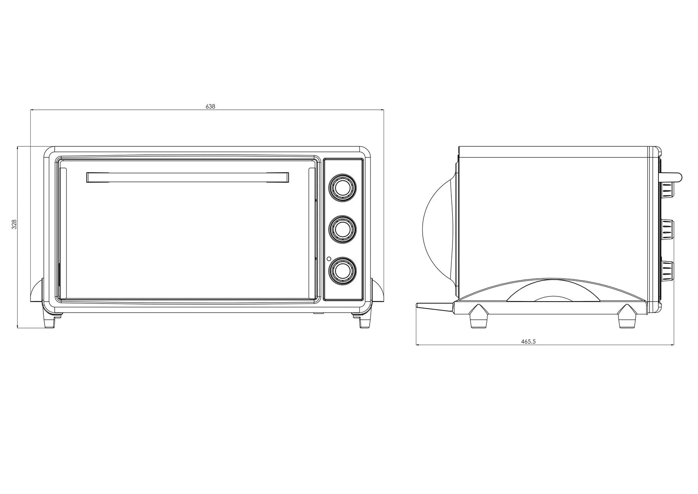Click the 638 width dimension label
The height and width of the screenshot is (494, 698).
coord(210,106)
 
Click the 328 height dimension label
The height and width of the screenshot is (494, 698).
coord(14,224)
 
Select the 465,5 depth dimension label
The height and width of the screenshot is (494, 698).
coord(528,341)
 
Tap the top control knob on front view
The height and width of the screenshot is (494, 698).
coord(342,187)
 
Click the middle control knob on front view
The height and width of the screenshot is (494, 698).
coord(342,229)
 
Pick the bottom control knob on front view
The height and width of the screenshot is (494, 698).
coord(342,271)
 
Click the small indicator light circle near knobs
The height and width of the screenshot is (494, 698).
coord(329,258)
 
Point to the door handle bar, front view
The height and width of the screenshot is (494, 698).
coord(188,177)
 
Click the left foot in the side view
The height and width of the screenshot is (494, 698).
coord(479,316)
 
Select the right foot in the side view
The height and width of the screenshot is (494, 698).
coord(627,316)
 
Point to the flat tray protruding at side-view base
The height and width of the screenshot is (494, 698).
coord(435,307)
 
